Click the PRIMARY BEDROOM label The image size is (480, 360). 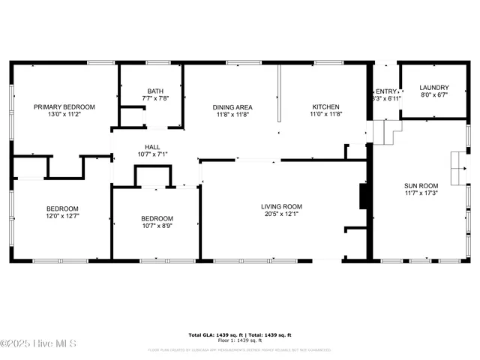tap(64, 107)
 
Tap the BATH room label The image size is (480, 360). tap(155, 91)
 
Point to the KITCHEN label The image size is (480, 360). tap(325, 107)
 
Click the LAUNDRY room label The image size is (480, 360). tap(433, 88)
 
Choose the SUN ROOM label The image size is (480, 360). tap(420, 184)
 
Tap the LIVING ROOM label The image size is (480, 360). tap(281, 206)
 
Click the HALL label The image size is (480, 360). tap(152, 147)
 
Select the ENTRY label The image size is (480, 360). tap(386, 91)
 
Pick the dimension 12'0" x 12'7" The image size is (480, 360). tap(62, 216)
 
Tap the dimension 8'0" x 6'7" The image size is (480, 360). tap(433, 95)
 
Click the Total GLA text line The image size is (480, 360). tap(239, 335)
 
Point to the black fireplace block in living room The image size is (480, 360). tap(364, 196)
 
